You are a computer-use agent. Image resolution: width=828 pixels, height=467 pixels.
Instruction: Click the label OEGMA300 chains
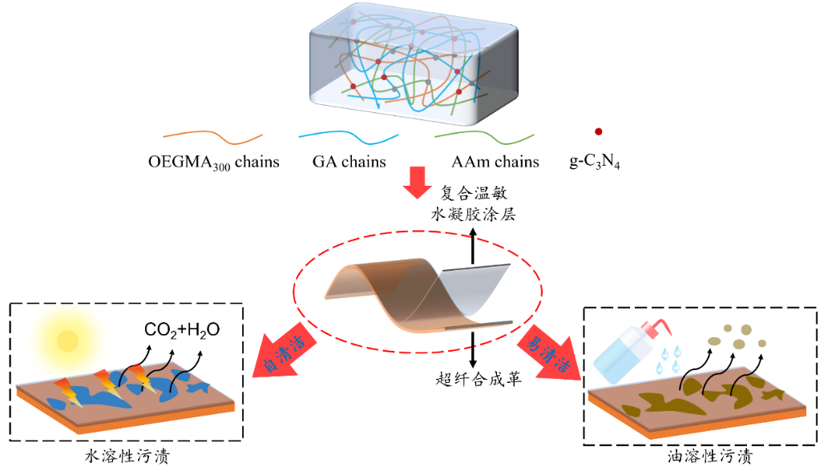(x=213, y=163)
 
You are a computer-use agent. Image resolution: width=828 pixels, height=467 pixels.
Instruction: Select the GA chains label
(x=349, y=162)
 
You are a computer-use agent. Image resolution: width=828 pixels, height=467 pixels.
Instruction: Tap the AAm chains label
(x=495, y=162)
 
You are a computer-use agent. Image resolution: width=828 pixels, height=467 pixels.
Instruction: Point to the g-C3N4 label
(x=596, y=163)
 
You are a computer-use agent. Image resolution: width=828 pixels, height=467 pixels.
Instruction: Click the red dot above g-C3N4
(x=598, y=131)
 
